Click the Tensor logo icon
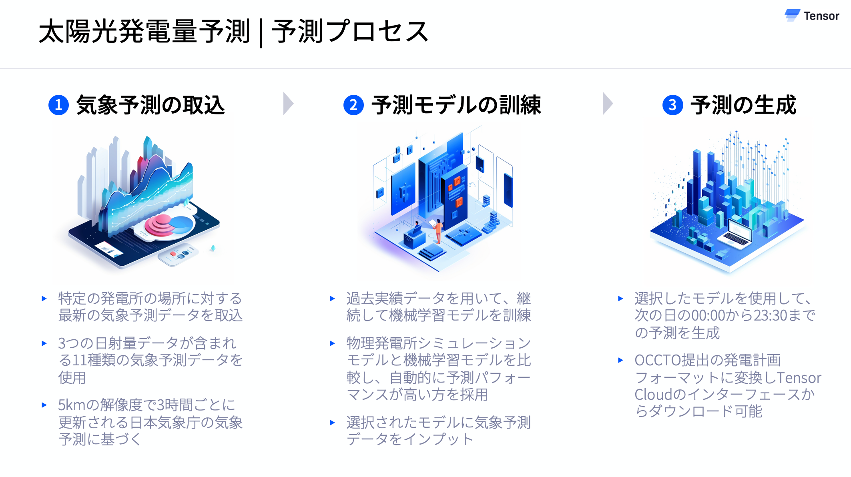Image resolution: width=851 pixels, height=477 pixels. click(x=792, y=15)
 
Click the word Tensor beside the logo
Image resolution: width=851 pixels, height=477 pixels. click(x=821, y=16)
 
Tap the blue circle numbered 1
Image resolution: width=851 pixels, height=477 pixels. click(x=58, y=105)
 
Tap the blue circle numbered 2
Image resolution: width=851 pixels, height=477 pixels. click(x=353, y=105)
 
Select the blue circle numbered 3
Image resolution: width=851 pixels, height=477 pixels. click(x=672, y=105)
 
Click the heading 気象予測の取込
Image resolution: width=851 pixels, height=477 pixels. click(x=151, y=105)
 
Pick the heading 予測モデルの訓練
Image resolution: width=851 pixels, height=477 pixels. click(x=456, y=105)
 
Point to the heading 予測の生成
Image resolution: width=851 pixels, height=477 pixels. click(x=743, y=105)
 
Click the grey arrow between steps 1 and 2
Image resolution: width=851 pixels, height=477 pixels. click(x=288, y=104)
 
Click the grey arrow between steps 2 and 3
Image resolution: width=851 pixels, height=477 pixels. click(x=607, y=104)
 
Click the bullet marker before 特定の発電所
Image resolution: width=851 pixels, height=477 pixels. click(x=44, y=299)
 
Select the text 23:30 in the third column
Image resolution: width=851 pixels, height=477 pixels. click(x=771, y=315)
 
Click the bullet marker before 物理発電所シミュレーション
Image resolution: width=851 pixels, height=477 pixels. click(x=332, y=343)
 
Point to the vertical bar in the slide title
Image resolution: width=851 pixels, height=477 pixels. click(x=261, y=33)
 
